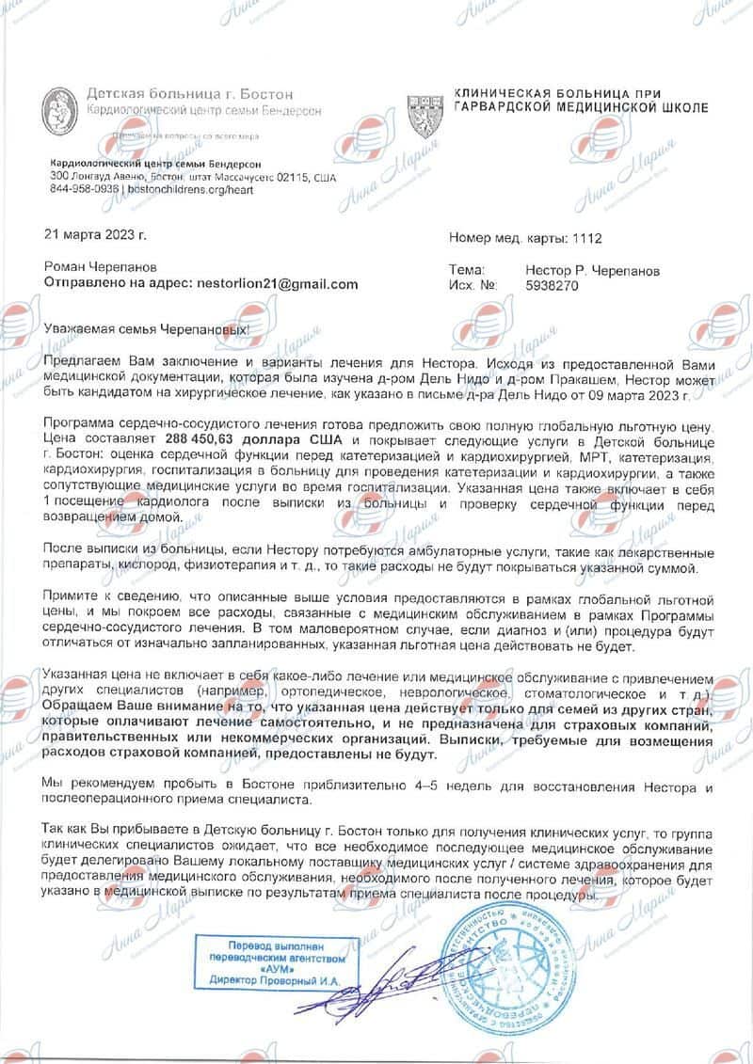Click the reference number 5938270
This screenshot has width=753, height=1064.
click(552, 285)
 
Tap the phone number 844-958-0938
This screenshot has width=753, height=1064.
click(85, 188)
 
